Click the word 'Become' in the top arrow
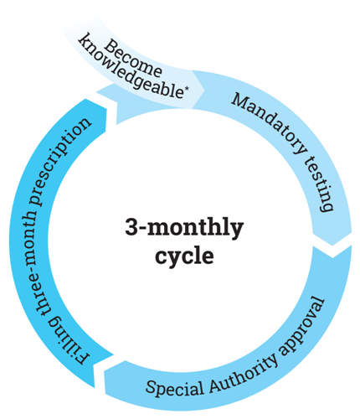(x=133, y=59)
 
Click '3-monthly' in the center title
(x=184, y=228)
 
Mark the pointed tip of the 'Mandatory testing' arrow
(x=332, y=246)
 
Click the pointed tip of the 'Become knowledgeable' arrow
(x=205, y=90)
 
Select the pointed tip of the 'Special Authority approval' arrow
(x=104, y=371)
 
